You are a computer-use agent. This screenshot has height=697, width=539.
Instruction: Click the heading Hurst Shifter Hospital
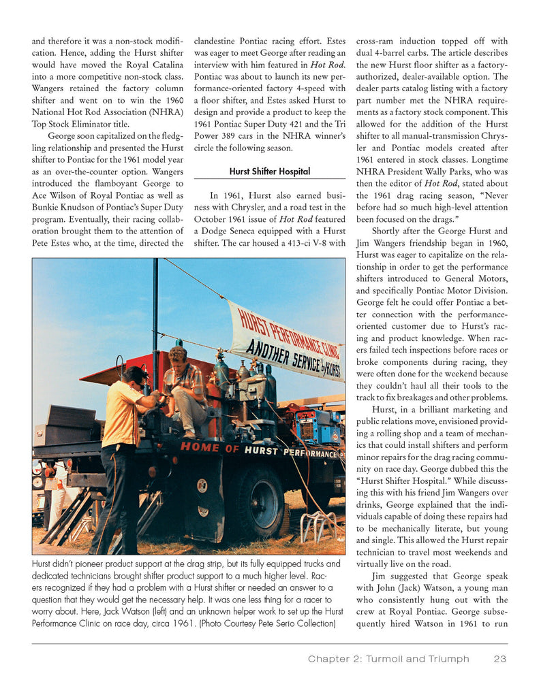pyautogui.click(x=269, y=172)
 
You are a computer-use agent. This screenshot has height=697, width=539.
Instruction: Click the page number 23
pyautogui.click(x=500, y=658)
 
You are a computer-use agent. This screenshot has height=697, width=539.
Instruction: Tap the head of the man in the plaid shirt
pyautogui.click(x=179, y=355)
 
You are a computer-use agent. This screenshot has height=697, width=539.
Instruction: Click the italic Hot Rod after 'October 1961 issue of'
pyautogui.click(x=296, y=219)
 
